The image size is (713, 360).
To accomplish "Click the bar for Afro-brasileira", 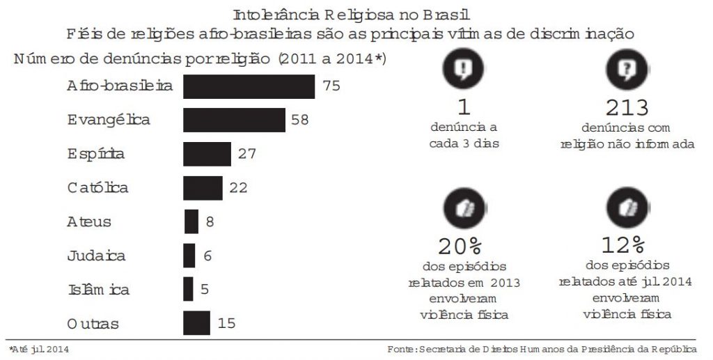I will (x=249, y=86).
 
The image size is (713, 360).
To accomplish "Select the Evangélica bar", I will (x=234, y=120).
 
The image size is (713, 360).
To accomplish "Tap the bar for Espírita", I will (x=207, y=154).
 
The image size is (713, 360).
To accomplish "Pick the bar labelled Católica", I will (x=203, y=187).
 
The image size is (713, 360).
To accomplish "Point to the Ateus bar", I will (x=191, y=221).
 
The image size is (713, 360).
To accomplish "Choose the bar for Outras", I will (x=196, y=323).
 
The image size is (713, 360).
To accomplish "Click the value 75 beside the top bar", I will (x=331, y=86).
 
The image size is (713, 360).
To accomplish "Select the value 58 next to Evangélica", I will (x=300, y=120).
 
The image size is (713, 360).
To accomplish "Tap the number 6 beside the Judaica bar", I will (x=207, y=256).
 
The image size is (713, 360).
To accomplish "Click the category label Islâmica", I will (x=98, y=290).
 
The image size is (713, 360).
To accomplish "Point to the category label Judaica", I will (x=96, y=256).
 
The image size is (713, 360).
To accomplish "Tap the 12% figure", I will (x=624, y=244).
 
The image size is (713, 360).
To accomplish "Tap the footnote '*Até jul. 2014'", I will (x=39, y=348).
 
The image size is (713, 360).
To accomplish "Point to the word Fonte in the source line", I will (x=400, y=348).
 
